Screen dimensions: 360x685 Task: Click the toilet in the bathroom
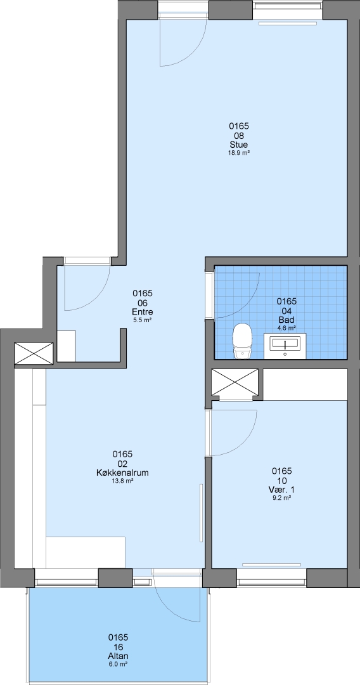pyautogui.click(x=242, y=342)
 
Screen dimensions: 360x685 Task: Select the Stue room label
pyautogui.click(x=239, y=144)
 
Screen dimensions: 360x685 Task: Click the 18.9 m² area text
pyautogui.click(x=239, y=153)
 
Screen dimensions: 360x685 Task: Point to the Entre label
pyautogui.click(x=142, y=312)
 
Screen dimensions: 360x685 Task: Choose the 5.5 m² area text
pyautogui.click(x=142, y=320)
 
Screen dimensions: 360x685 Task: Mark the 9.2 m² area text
pyautogui.click(x=281, y=498)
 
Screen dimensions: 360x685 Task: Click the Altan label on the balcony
pyautogui.click(x=118, y=656)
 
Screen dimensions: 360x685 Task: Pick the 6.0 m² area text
pyautogui.click(x=118, y=664)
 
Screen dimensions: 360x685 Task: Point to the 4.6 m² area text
pyautogui.click(x=286, y=328)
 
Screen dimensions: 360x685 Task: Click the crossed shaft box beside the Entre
pyautogui.click(x=34, y=353)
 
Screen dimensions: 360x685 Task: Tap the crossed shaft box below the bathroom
pyautogui.click(x=235, y=384)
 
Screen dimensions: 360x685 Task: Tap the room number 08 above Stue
pyautogui.click(x=239, y=136)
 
